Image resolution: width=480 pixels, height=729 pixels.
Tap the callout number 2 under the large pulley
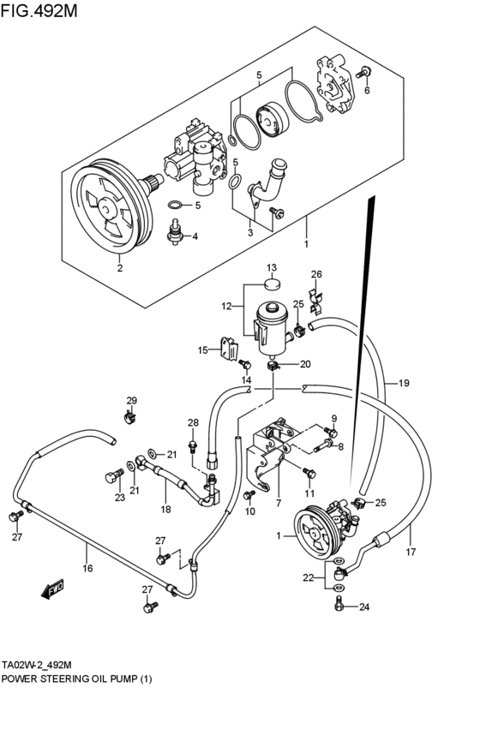tap(119, 268)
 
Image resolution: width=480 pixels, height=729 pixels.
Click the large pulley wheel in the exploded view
tap(107, 207)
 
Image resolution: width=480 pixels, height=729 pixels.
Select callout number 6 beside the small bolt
tap(367, 90)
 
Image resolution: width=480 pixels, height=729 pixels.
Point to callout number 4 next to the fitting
tap(195, 236)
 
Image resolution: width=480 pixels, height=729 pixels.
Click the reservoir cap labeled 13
tap(270, 285)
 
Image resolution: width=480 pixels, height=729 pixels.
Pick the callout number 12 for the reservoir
tap(227, 306)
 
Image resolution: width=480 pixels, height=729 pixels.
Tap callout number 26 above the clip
tap(315, 274)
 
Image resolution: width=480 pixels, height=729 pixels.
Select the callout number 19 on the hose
tap(403, 383)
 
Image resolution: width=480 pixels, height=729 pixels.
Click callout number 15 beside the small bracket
tap(203, 350)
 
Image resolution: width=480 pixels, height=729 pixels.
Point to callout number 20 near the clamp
tap(304, 363)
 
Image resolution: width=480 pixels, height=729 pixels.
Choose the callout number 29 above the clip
tap(132, 401)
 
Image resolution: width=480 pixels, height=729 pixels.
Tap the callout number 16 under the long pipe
tap(87, 568)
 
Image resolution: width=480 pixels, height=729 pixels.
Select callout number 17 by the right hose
tap(410, 552)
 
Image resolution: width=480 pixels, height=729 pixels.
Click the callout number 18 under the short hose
tap(165, 509)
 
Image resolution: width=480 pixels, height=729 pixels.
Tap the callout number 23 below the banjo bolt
tap(120, 497)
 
